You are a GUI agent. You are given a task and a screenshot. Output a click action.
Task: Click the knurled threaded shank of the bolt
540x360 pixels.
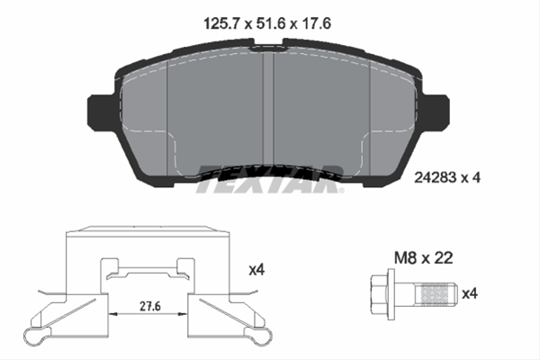click(x=434, y=293)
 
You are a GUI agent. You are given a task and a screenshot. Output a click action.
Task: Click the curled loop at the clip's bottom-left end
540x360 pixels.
click(x=36, y=338)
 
